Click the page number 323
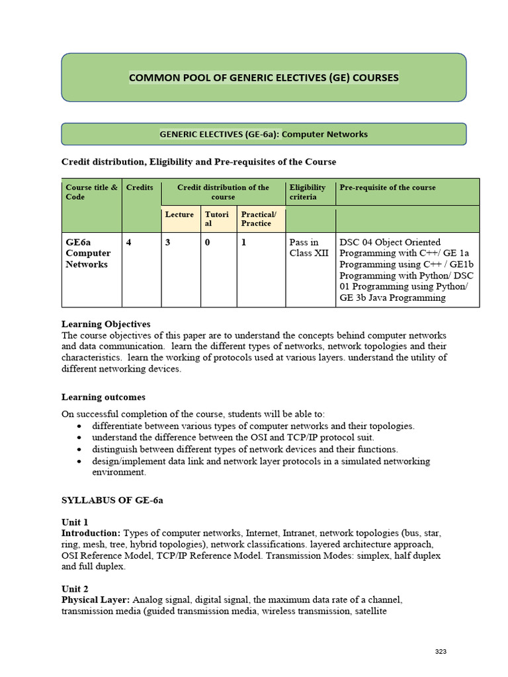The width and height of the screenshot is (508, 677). (441, 652)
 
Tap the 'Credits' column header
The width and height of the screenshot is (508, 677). (140, 188)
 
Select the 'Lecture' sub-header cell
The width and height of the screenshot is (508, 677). (179, 215)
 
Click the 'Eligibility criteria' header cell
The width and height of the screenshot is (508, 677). (308, 192)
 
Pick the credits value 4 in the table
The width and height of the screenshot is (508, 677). (129, 243)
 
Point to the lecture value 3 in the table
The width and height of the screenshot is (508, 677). (168, 243)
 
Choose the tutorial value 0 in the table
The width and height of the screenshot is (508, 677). (207, 243)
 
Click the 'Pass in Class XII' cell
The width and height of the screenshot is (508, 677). (308, 248)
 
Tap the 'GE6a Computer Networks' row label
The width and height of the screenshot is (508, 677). (88, 253)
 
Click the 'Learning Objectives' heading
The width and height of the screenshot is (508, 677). (106, 325)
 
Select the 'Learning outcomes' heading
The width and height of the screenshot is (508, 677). (103, 397)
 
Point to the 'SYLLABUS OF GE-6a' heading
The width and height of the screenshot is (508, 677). (112, 500)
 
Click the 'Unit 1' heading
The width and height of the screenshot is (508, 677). (75, 522)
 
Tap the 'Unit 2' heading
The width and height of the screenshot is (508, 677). (75, 589)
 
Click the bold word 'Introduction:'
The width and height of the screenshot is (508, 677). (91, 533)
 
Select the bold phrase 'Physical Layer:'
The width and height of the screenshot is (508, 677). (96, 600)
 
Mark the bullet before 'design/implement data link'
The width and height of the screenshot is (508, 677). (79, 461)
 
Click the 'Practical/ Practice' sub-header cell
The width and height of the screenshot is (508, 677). (259, 219)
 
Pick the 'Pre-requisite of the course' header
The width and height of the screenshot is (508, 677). (388, 188)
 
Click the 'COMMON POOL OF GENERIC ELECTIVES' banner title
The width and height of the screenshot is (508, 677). (263, 78)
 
